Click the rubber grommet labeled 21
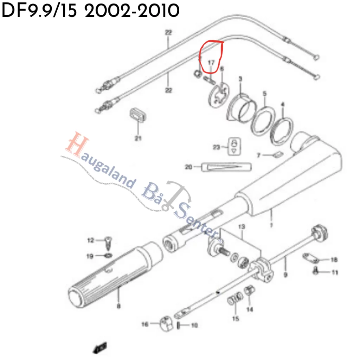click(x=137, y=115)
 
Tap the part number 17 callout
click(x=211, y=63)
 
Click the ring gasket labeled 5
click(x=264, y=121)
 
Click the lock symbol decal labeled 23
click(x=235, y=146)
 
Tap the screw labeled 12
click(x=108, y=243)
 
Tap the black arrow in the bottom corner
click(x=99, y=348)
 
